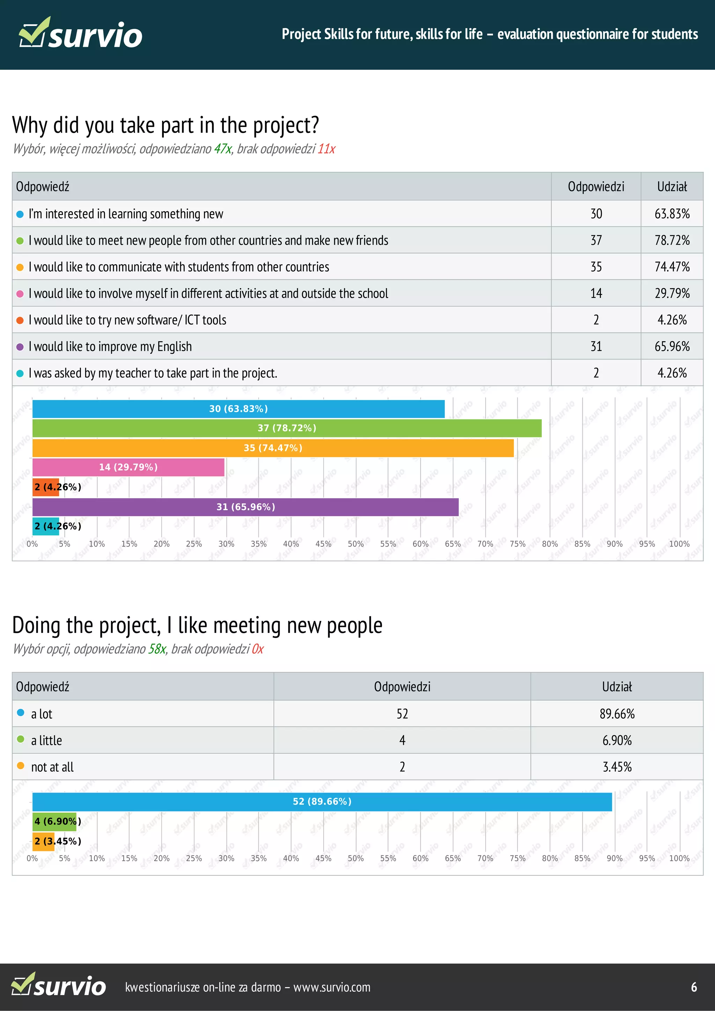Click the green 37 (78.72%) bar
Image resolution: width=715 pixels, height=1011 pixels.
(286, 428)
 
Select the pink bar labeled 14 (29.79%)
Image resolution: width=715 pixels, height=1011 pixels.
(128, 467)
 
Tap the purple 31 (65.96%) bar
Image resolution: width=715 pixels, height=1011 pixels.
(245, 507)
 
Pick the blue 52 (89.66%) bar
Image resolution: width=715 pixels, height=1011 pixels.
(322, 801)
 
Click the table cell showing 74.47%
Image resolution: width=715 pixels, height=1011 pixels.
(671, 267)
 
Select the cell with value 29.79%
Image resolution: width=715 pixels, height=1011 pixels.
(671, 293)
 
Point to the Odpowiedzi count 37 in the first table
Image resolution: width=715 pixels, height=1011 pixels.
(596, 240)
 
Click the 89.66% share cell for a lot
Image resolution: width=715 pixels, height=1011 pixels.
(617, 714)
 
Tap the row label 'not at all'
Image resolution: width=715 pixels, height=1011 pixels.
(52, 767)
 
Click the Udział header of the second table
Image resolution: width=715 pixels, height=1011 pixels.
(617, 687)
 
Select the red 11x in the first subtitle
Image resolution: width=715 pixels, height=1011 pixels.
(326, 149)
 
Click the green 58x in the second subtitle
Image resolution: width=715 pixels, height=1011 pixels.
(157, 649)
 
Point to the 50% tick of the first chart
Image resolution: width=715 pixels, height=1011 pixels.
(355, 544)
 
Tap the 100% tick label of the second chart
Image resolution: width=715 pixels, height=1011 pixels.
(679, 858)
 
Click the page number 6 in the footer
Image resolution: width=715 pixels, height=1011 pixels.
(694, 987)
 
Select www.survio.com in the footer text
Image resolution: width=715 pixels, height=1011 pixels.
(332, 987)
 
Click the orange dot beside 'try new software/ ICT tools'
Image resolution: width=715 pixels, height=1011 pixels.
(20, 320)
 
